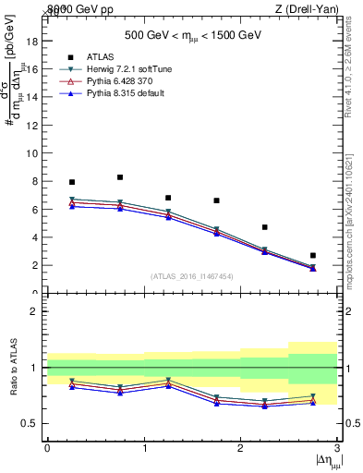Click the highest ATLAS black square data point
point(120,177)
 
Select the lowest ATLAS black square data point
point(312,255)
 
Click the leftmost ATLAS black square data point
point(72,182)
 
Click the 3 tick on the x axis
point(337,447)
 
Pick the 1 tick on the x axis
point(144,447)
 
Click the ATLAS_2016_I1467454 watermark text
point(192,275)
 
